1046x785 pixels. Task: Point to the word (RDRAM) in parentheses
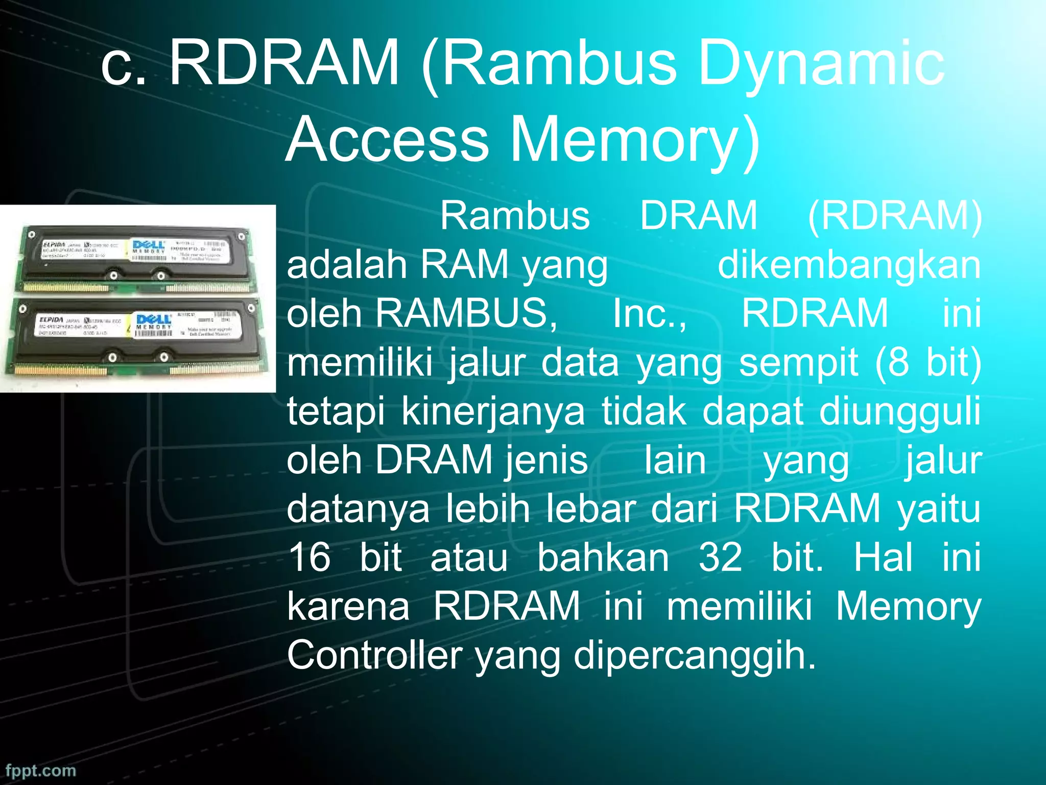(894, 216)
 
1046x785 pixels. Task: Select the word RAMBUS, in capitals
(466, 313)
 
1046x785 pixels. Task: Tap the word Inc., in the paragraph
(650, 313)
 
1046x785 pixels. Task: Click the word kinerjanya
(493, 412)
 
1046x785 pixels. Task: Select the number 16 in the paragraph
(310, 557)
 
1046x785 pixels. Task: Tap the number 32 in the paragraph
(720, 557)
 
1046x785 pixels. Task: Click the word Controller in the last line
(374, 655)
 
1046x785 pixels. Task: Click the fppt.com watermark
(41, 770)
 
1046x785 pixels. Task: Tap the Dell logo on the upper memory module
(148, 245)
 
